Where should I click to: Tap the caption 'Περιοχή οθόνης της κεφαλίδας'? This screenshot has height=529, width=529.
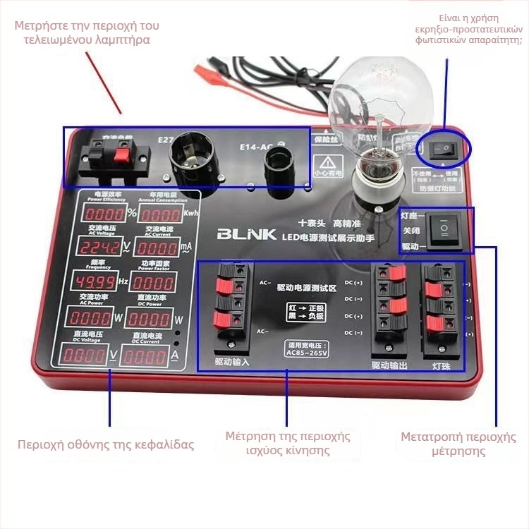[106, 444]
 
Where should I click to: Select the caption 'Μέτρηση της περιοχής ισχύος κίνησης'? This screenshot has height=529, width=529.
[287, 443]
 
